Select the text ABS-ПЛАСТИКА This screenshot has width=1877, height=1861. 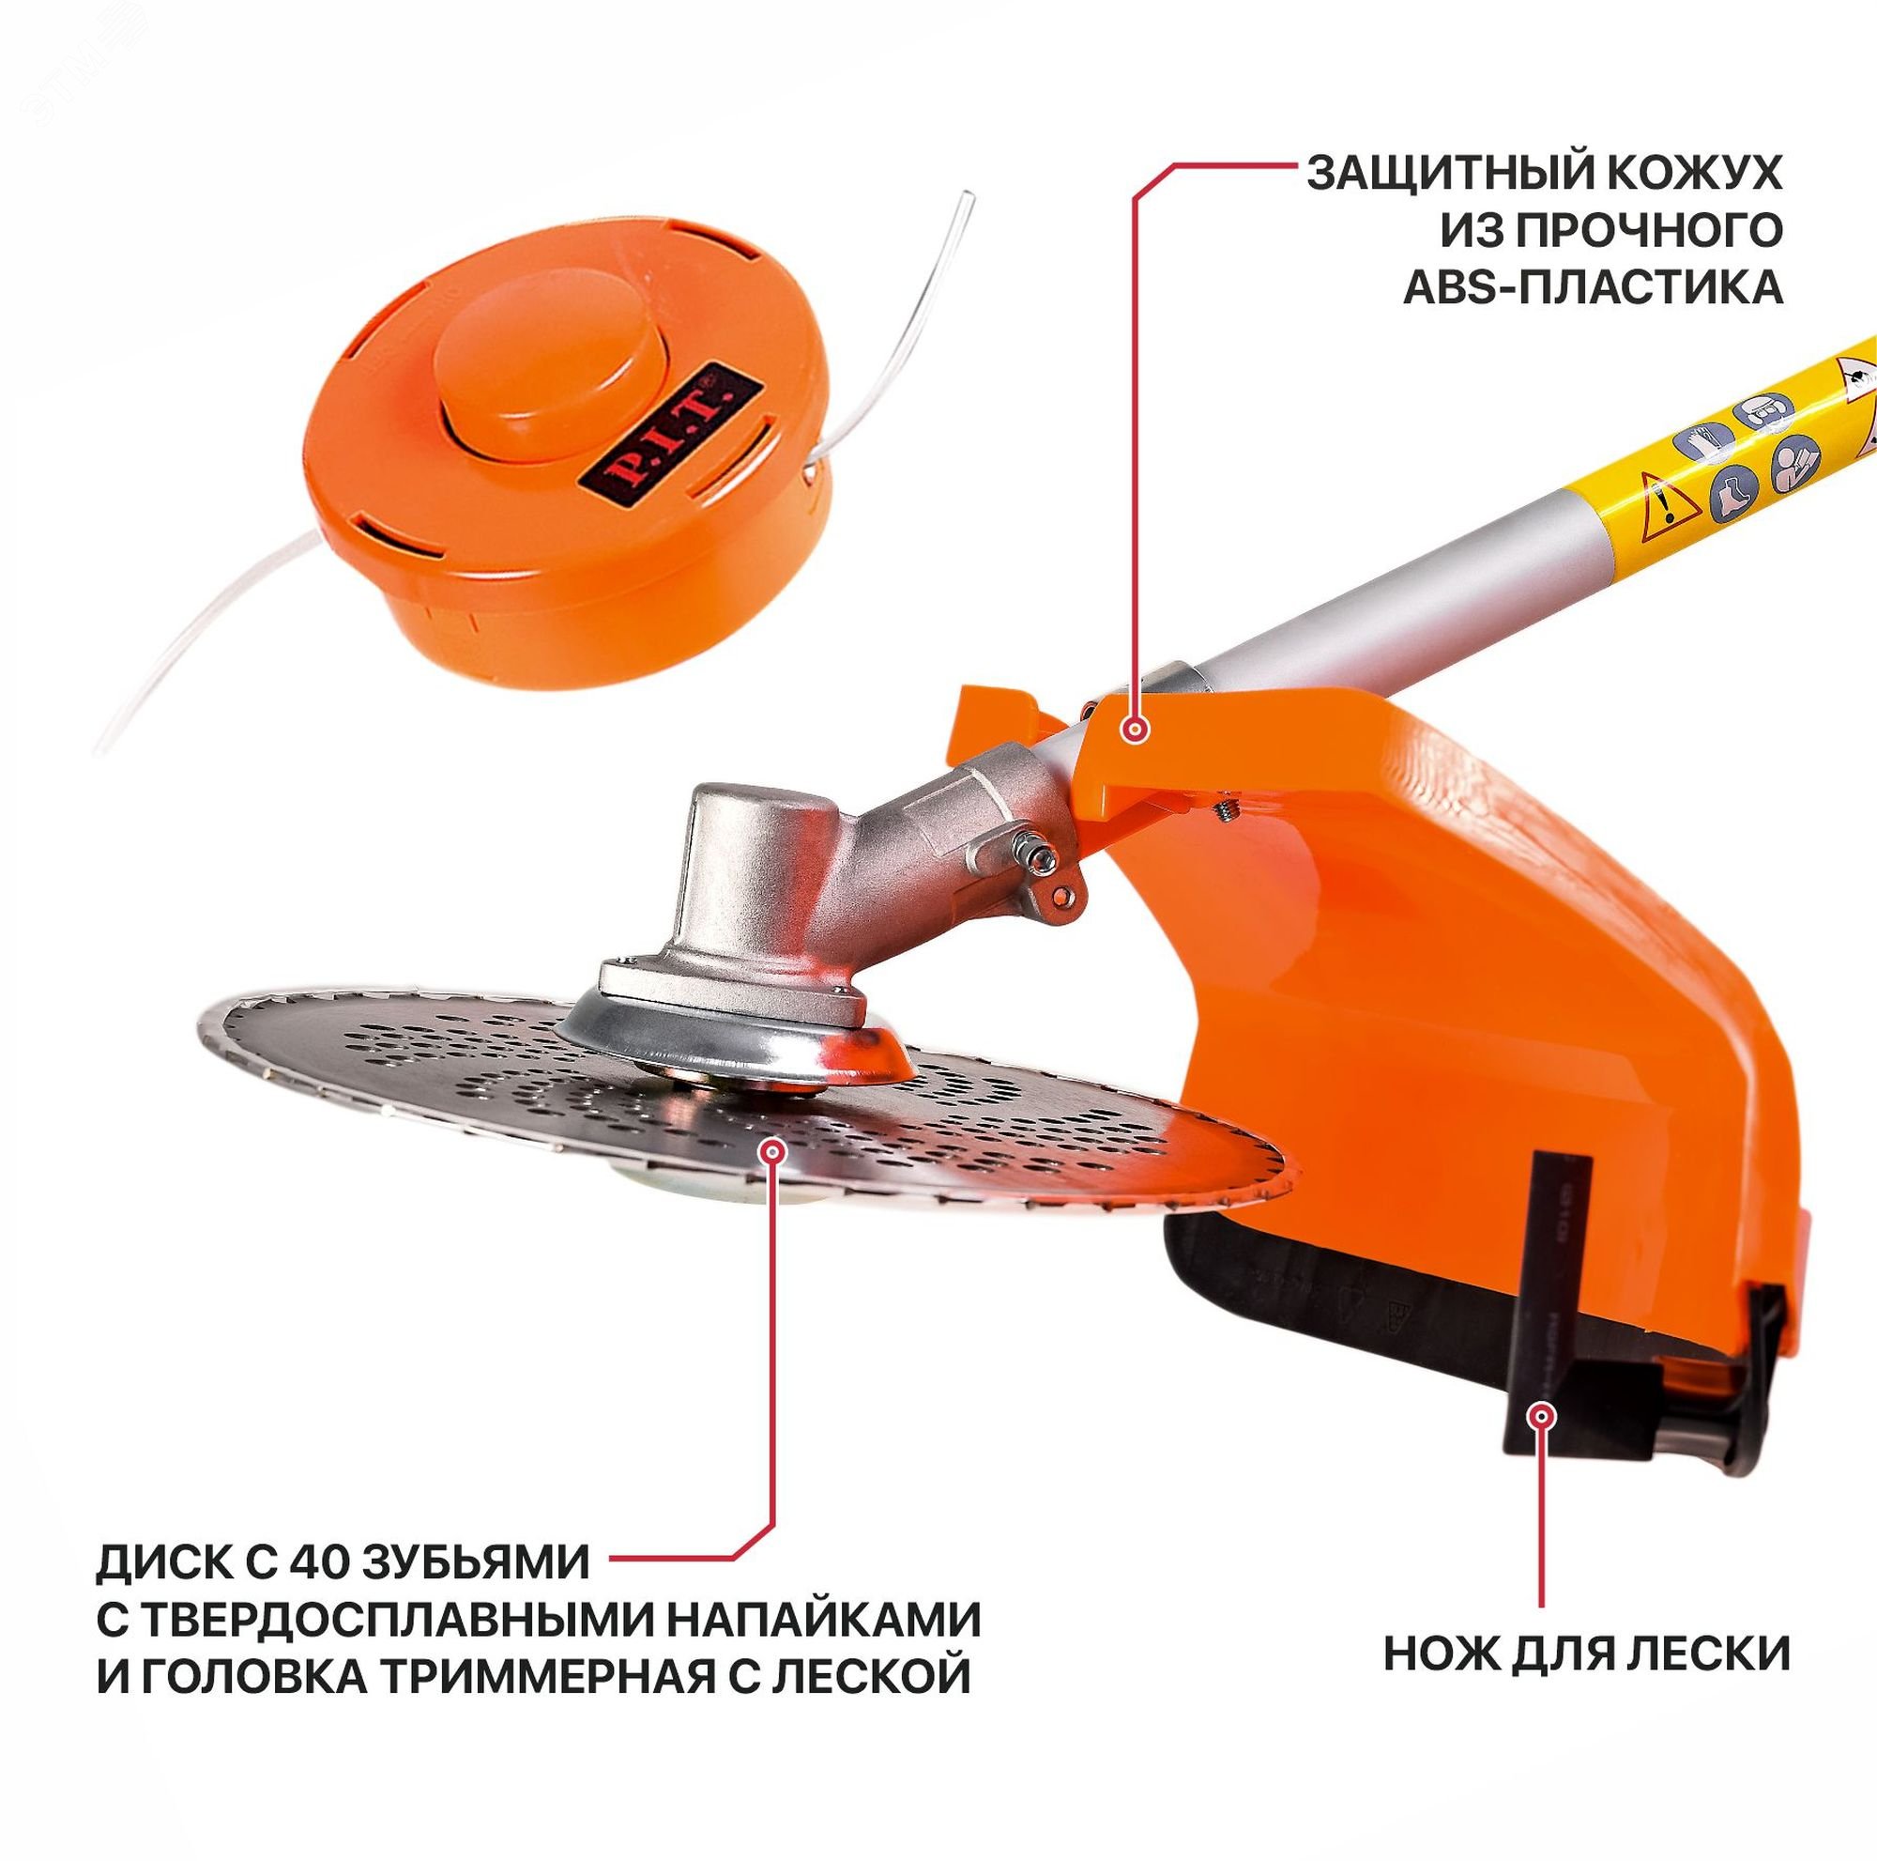(1594, 288)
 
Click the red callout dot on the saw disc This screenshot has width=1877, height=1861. (773, 1151)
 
